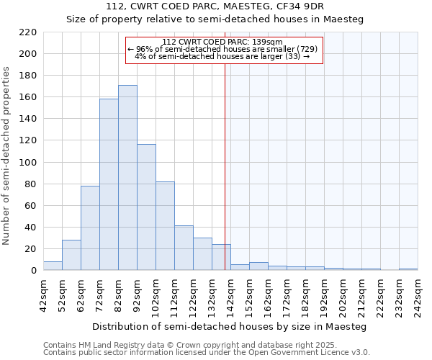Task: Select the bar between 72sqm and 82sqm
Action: (x=109, y=184)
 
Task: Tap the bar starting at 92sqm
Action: (x=146, y=207)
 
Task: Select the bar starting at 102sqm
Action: (x=165, y=226)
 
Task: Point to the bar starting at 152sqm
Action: (x=258, y=266)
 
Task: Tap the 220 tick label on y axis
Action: (x=27, y=32)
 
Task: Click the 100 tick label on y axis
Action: (x=27, y=163)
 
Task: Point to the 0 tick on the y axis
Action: (x=33, y=271)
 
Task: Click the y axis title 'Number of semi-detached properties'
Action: (x=7, y=155)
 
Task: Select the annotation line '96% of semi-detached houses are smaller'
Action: (x=223, y=49)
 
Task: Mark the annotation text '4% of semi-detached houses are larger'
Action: (x=223, y=56)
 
